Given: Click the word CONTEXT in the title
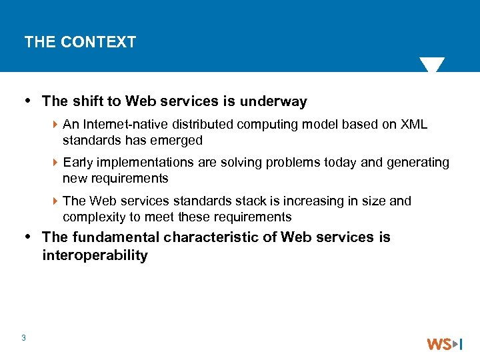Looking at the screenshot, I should coord(98,42).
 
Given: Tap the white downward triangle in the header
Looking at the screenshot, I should coord(432,65).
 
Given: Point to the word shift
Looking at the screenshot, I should coord(85,101).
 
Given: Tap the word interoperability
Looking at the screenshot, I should coord(95,255).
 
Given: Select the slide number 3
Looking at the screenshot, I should coord(23,338).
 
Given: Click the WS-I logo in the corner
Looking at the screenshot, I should coord(444,344).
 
